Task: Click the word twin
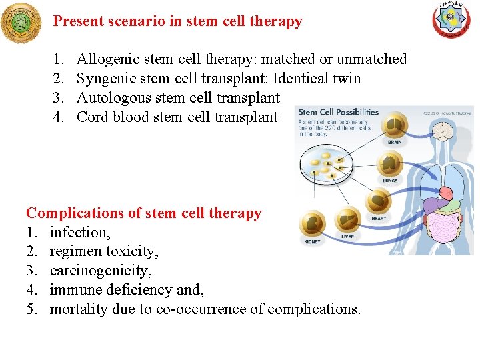tap(345, 79)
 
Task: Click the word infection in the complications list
tap(79, 233)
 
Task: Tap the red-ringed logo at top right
tap(451, 20)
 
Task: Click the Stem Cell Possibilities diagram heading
tap(338, 112)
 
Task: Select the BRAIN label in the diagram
tap(395, 142)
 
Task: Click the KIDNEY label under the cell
tap(312, 242)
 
